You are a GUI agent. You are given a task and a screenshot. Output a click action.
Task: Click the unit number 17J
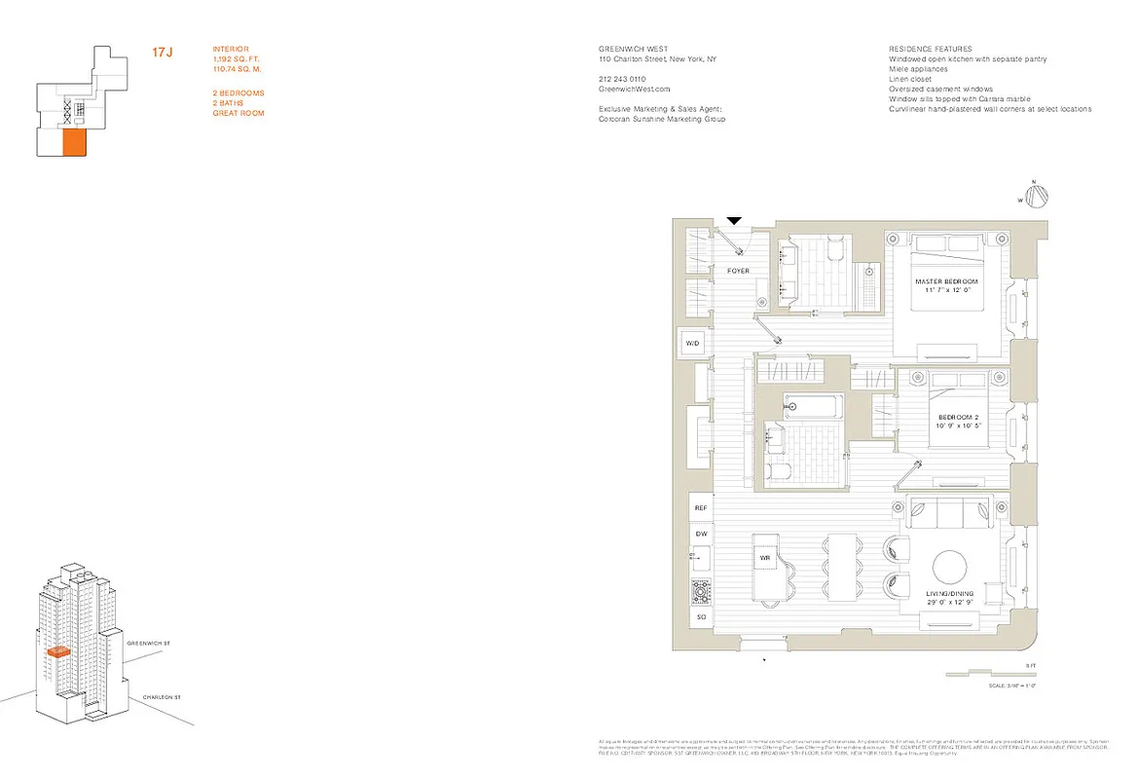click(162, 52)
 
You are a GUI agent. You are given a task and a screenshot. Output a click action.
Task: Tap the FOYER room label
click(739, 271)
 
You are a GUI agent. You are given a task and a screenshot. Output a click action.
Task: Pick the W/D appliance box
click(693, 344)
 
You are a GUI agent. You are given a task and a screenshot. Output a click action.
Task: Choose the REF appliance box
click(700, 508)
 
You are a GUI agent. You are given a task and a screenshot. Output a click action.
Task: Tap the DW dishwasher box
click(700, 534)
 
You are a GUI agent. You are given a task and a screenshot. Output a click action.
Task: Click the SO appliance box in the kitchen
click(700, 618)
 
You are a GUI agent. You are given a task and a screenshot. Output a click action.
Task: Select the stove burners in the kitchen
click(700, 591)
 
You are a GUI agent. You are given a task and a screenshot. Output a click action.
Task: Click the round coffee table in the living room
click(950, 567)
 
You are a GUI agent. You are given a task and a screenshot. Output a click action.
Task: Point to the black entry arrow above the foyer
click(735, 222)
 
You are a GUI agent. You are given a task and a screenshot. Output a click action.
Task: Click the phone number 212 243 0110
click(622, 79)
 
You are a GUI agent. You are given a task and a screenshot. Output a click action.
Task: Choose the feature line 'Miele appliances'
click(920, 69)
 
